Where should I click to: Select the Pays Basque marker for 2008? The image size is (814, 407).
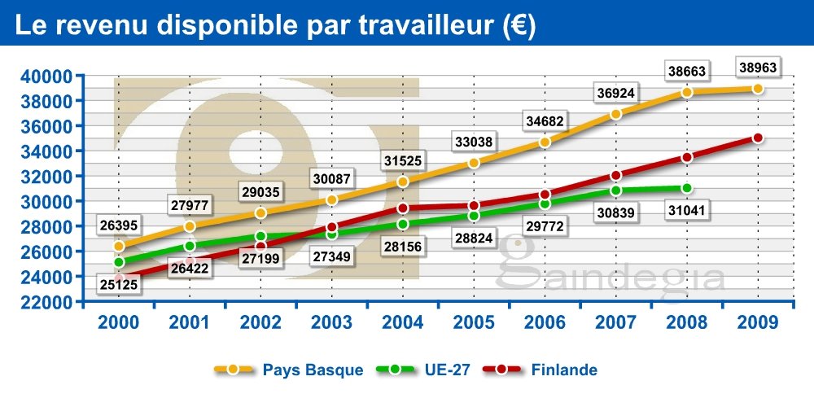point(686,92)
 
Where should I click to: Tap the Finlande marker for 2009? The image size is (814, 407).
point(758,138)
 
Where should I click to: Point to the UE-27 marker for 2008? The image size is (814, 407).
point(686,188)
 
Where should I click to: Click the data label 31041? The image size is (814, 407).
point(686,210)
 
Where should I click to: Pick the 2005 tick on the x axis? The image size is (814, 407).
point(475,322)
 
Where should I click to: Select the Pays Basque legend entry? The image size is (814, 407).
point(289,370)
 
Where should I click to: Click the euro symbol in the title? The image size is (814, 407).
point(518,26)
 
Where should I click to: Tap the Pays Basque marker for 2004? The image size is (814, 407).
point(402,182)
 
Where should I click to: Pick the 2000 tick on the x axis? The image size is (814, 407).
point(118,322)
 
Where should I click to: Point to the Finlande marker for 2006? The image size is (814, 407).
point(545,195)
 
